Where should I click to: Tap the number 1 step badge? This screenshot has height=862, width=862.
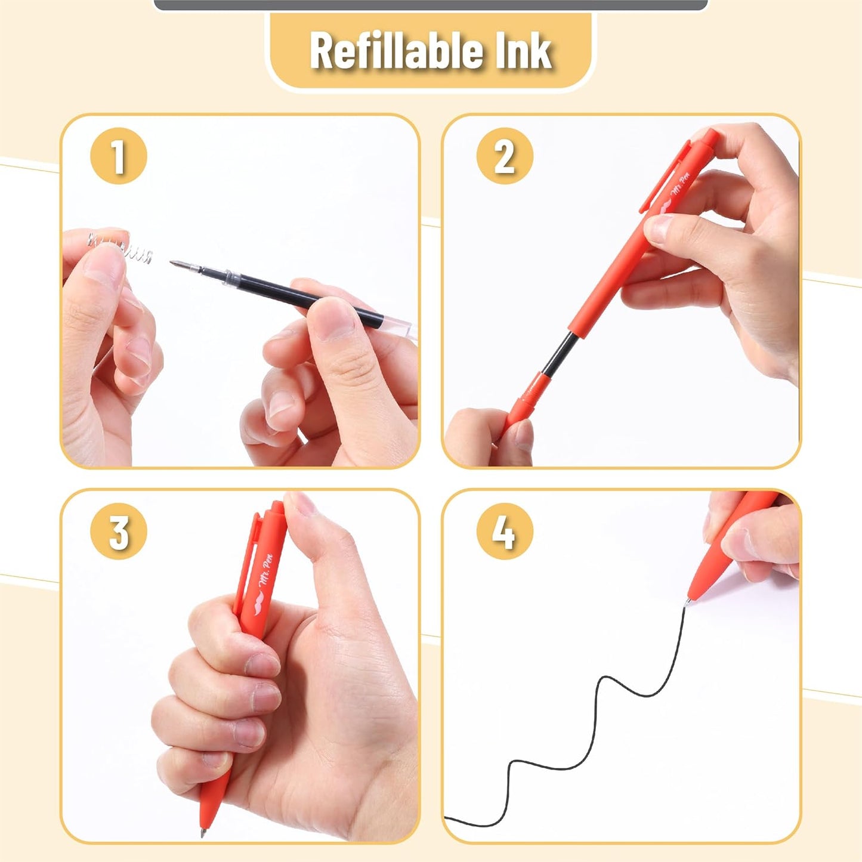point(119,156)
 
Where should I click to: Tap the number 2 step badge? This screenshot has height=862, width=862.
point(505,156)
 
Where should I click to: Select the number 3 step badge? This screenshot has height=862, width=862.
point(119,531)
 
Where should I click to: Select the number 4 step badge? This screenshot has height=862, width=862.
point(505,531)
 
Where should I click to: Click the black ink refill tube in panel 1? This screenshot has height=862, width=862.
point(291,296)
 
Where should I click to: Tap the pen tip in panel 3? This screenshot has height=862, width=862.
point(204,820)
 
